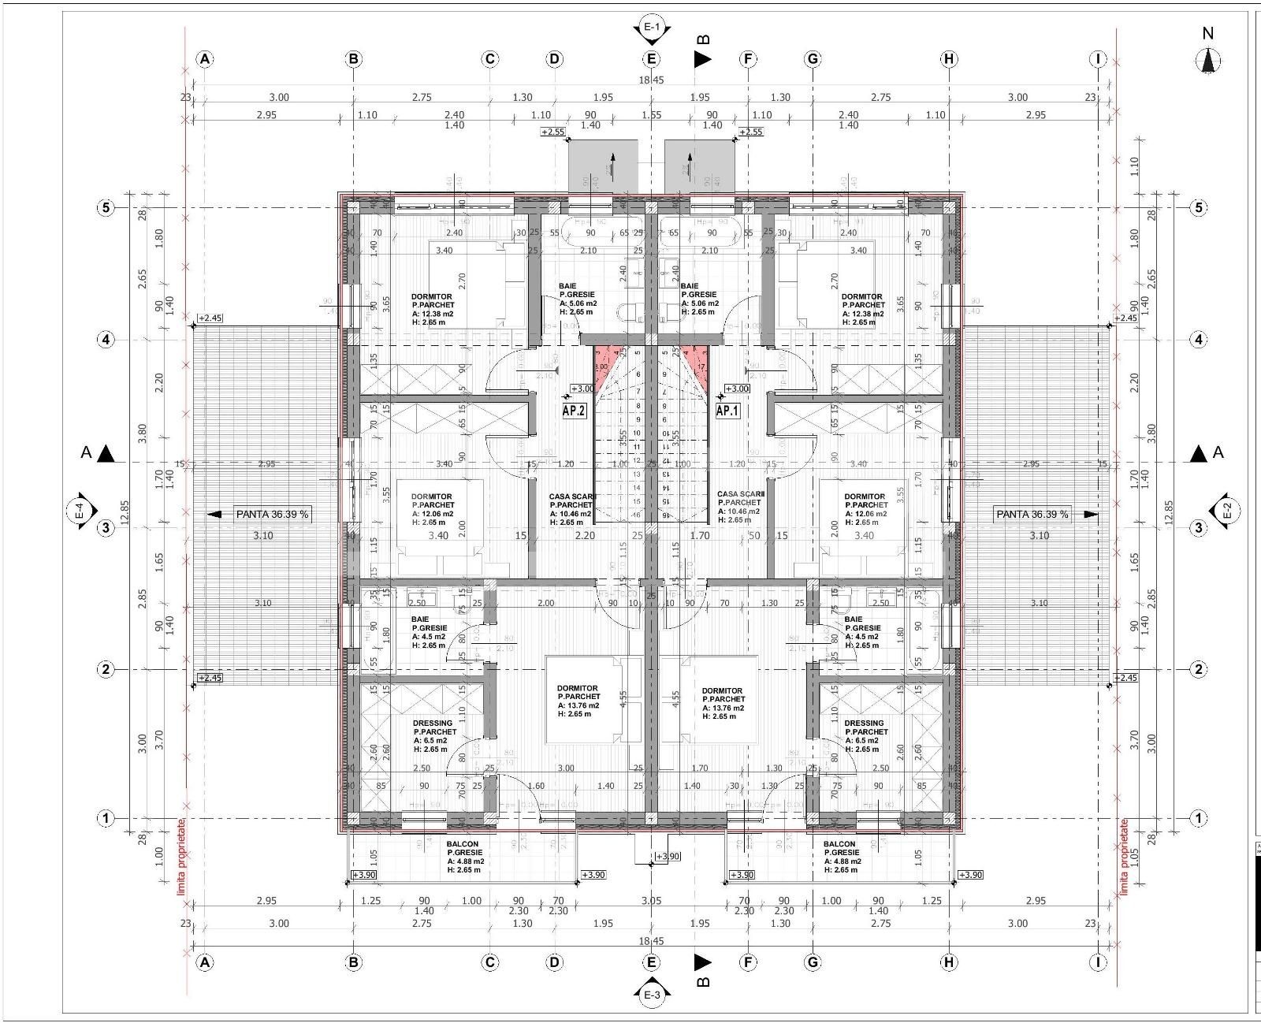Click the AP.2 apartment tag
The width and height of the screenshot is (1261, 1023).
pyautogui.click(x=574, y=411)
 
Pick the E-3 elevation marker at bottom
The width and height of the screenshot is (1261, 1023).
pyautogui.click(x=651, y=995)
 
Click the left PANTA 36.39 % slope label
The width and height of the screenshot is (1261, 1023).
pyautogui.click(x=272, y=515)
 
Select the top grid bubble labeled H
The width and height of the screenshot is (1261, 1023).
pyautogui.click(x=949, y=59)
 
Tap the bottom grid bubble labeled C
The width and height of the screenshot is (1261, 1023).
pyautogui.click(x=489, y=962)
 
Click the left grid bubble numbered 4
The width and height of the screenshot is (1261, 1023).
pyautogui.click(x=105, y=340)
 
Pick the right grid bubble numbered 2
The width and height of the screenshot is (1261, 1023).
pyautogui.click(x=1198, y=670)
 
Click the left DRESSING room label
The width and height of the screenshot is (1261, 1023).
pyautogui.click(x=433, y=723)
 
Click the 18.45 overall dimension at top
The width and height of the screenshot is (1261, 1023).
pyautogui.click(x=651, y=80)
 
